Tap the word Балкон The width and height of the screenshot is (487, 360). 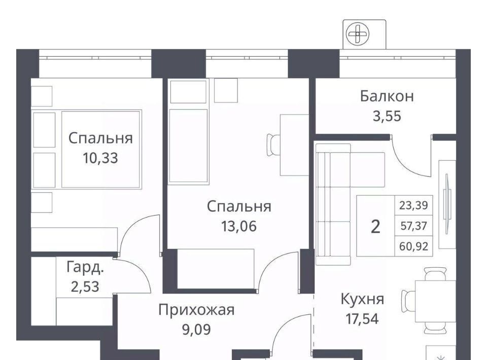tap(387, 96)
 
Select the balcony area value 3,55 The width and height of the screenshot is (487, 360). tap(387, 116)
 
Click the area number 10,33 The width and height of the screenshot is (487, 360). tap(100, 158)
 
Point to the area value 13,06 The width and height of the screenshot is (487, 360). tap(239, 226)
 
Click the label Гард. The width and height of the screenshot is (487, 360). tap(85, 268)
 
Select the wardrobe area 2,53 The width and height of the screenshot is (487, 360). tap(85, 287)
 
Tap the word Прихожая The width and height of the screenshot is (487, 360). tap(196, 310)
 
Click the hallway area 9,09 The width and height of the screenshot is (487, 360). tap(196, 330)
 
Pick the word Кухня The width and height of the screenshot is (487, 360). tap(362, 299)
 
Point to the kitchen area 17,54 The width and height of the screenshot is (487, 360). tap(362, 319)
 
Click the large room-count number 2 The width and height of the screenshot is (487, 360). tap(375, 227)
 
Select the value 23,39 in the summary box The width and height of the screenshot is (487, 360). tap(414, 205)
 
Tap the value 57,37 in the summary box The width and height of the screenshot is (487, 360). tap(414, 226)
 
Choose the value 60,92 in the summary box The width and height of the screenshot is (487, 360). tap(414, 246)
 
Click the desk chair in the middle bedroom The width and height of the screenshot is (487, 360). tap(273, 145)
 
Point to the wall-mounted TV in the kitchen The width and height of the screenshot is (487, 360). tap(447, 204)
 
